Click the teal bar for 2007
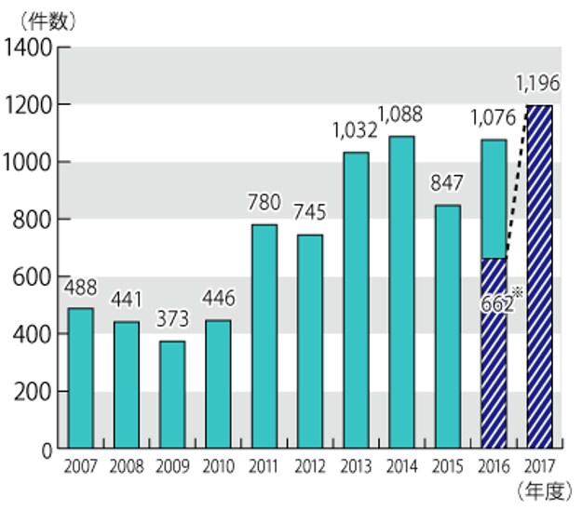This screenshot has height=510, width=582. coord(80,379)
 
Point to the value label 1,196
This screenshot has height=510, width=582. coord(536,85)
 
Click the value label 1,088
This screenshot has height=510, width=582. coord(401,116)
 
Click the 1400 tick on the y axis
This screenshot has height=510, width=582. coord(28,47)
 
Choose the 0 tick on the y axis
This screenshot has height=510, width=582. coord(44,450)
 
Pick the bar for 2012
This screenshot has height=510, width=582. coord(309,342)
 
